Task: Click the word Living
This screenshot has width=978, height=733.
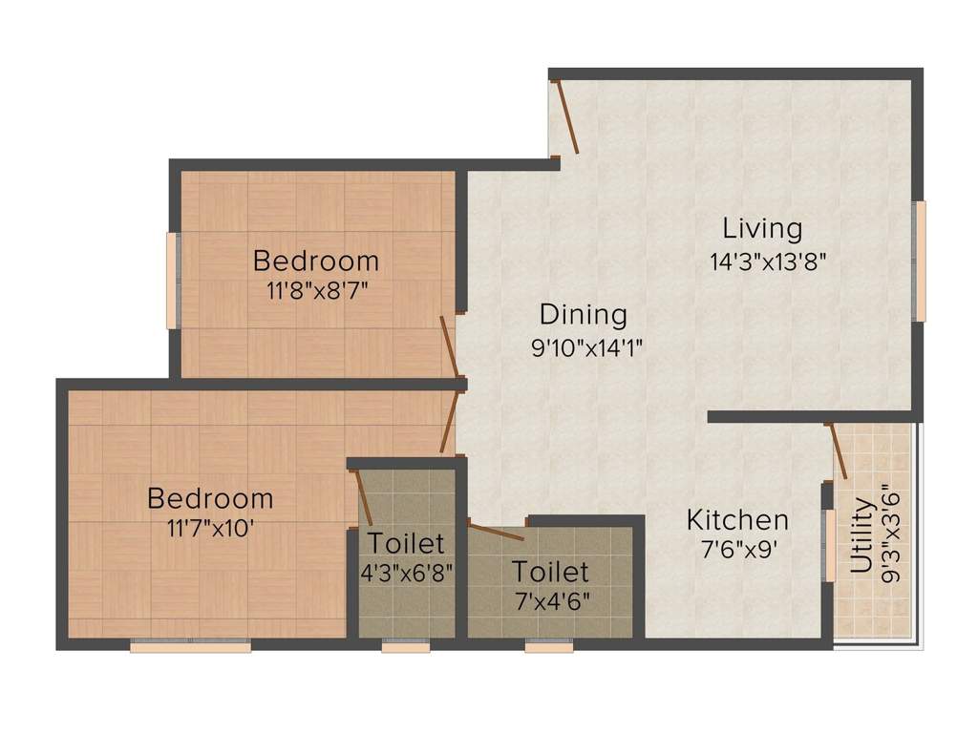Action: click(x=761, y=229)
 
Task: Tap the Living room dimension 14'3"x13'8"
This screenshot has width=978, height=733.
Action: click(x=761, y=261)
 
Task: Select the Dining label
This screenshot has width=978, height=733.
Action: click(x=583, y=314)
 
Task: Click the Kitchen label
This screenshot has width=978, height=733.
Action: click(x=737, y=520)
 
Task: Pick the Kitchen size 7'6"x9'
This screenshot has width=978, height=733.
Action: click(x=736, y=551)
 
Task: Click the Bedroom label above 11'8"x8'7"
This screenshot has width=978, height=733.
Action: click(x=315, y=260)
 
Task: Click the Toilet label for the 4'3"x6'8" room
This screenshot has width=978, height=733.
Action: click(x=406, y=543)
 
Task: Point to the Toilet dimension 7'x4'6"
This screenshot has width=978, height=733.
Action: click(x=550, y=602)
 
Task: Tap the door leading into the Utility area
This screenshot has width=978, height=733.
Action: click(x=838, y=450)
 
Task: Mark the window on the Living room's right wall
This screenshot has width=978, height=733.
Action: click(x=919, y=260)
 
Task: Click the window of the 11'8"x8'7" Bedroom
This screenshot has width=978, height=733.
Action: click(x=174, y=281)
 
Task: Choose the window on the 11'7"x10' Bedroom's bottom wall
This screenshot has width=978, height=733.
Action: click(x=190, y=646)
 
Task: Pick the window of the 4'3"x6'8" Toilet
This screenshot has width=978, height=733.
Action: click(x=399, y=646)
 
